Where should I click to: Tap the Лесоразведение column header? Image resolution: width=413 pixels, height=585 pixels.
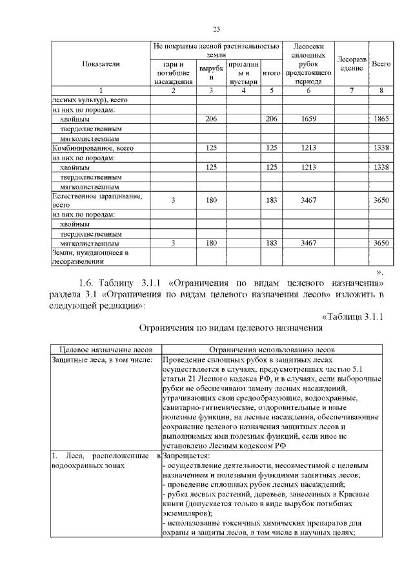click(x=352, y=63)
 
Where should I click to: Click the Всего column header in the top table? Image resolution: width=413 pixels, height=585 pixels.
click(x=382, y=63)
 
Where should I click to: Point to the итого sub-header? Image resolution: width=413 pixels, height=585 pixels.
click(x=272, y=74)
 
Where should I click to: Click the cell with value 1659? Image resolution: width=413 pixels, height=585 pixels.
click(x=308, y=120)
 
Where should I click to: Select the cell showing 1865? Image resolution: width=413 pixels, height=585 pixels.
click(x=382, y=120)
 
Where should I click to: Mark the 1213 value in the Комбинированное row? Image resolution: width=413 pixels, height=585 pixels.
click(x=308, y=148)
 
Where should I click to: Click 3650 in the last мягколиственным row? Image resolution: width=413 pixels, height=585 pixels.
click(x=382, y=243)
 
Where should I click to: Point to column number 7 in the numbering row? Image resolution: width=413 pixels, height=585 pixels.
click(x=352, y=90)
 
